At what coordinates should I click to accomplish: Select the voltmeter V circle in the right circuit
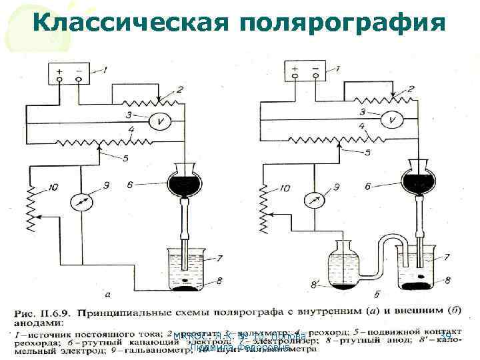[392, 121]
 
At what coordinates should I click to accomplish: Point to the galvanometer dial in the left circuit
[80, 201]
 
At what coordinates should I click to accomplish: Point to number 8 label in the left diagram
[219, 281]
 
